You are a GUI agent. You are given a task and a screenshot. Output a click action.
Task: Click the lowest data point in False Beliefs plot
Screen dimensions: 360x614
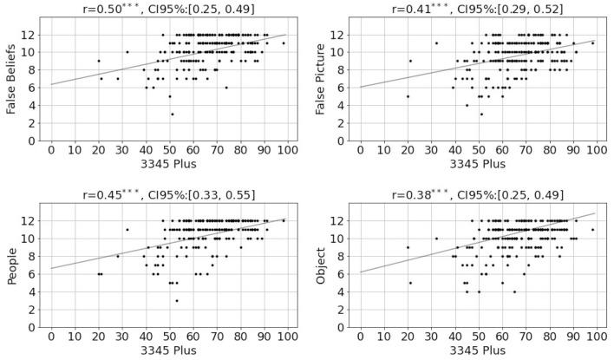tap(172, 114)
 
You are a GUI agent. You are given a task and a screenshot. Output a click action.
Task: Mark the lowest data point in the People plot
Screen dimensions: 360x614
tap(176, 301)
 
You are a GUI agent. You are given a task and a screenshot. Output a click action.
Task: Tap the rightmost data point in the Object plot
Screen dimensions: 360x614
tap(593, 230)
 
